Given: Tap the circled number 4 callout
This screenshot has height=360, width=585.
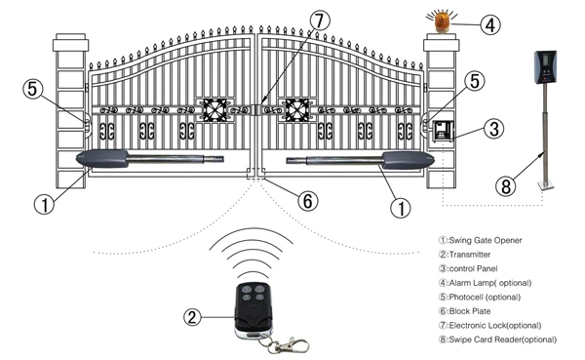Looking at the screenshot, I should tap(491, 22).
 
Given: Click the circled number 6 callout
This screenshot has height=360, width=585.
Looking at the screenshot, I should tap(306, 201).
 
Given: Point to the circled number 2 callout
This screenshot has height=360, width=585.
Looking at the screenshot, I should tap(192, 315).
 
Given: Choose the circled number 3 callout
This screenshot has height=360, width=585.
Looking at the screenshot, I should tap(493, 127).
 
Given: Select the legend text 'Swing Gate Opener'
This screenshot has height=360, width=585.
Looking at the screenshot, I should tap(482, 240).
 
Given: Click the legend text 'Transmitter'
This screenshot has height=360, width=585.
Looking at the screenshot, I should tap(472, 254).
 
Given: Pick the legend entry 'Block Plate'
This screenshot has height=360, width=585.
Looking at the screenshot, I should tap(472, 310).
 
